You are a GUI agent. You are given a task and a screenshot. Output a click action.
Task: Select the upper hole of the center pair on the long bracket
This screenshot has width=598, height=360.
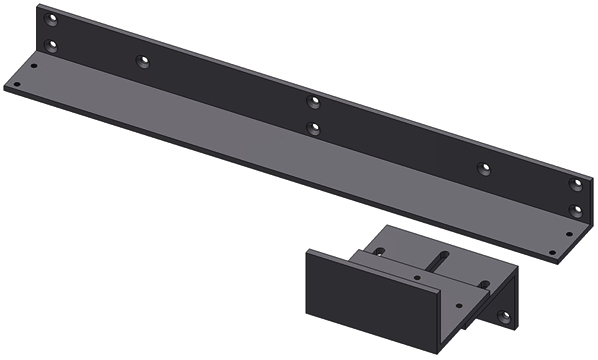pyautogui.click(x=314, y=101)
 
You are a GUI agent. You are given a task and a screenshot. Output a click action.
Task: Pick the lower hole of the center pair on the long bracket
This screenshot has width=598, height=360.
pyautogui.click(x=314, y=127)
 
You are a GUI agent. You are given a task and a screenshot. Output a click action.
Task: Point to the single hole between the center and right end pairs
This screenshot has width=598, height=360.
pyautogui.click(x=483, y=167)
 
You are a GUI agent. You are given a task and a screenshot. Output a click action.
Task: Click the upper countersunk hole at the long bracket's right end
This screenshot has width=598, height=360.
pyautogui.click(x=575, y=185)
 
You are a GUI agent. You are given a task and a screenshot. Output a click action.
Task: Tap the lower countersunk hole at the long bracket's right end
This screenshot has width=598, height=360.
pyautogui.click(x=575, y=210)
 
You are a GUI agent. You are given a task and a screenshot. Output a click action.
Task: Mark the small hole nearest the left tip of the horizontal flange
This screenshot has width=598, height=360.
pyautogui.click(x=34, y=69)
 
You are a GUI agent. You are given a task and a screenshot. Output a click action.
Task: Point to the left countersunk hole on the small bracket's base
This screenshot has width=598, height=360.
pyautogui.click(x=380, y=250)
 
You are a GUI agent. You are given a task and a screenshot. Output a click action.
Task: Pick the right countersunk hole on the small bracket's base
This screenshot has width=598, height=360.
pyautogui.click(x=485, y=284)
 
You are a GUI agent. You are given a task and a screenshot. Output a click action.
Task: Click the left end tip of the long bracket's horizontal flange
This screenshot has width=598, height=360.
pyautogui.click(x=6, y=86)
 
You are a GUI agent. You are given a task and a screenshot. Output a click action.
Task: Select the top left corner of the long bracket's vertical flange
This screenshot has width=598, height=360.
pyautogui.click(x=40, y=6)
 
